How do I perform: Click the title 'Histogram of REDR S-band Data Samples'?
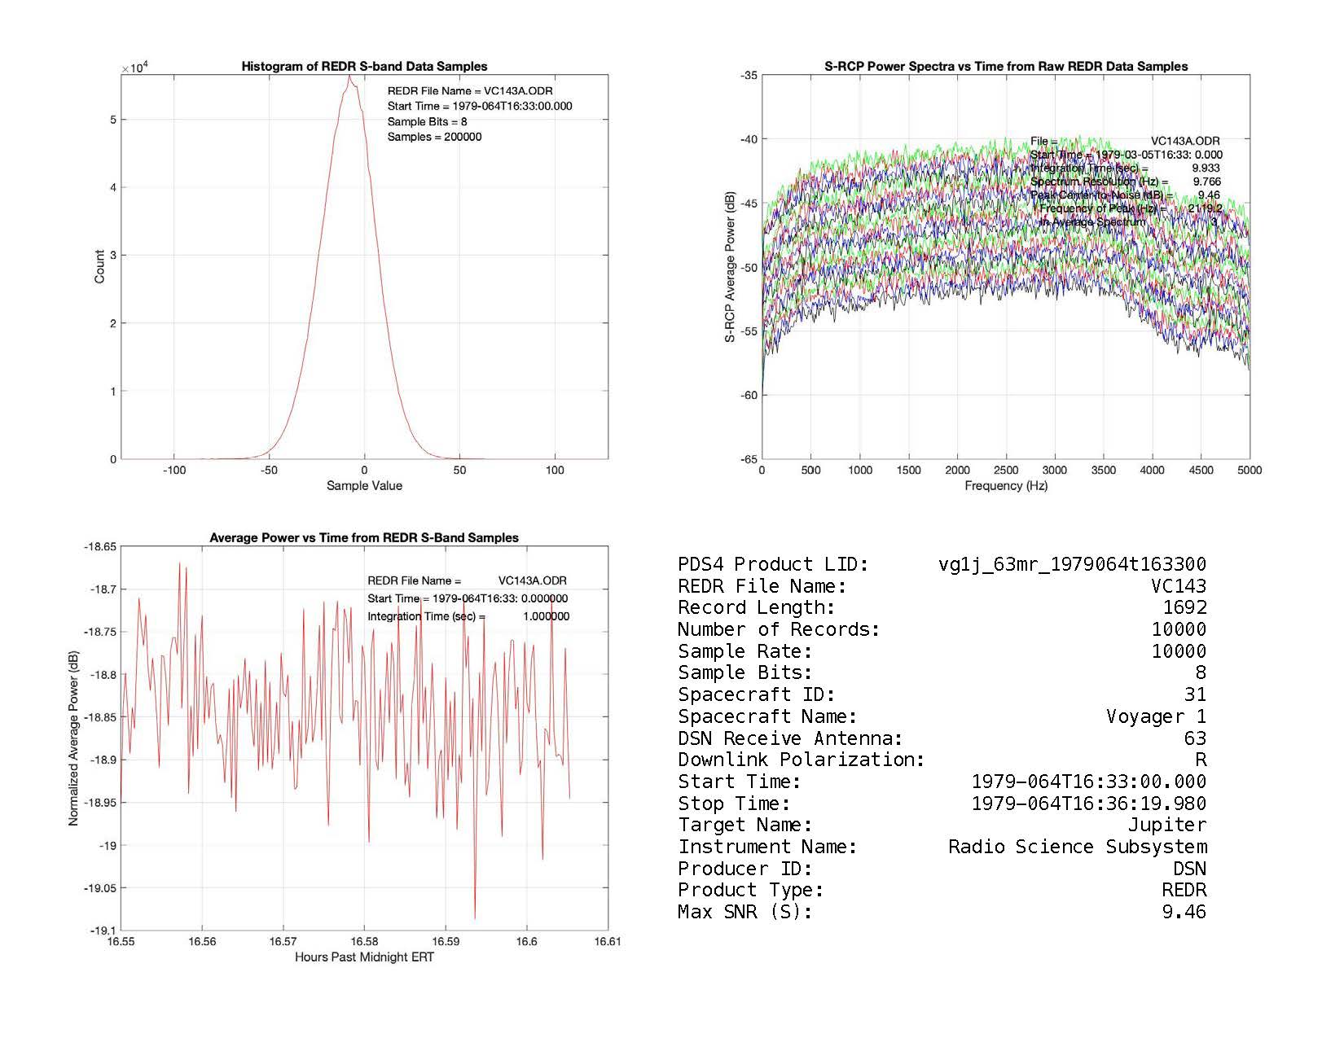click(x=364, y=67)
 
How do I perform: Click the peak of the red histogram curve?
click(x=349, y=77)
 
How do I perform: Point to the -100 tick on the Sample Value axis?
click(x=173, y=470)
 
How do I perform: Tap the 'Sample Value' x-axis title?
click(x=364, y=486)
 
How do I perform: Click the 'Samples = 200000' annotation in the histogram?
click(x=434, y=137)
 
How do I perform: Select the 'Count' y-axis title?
click(x=99, y=267)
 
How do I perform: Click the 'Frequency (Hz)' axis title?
click(x=1005, y=486)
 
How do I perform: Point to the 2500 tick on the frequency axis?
click(x=1006, y=470)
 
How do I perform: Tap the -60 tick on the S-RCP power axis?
click(x=748, y=396)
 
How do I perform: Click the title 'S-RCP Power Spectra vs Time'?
click(x=1005, y=67)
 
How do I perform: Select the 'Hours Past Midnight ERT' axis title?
click(x=364, y=957)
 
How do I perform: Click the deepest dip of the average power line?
click(x=475, y=918)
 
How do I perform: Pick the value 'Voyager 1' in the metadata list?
click(x=1156, y=716)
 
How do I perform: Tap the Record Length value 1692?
click(x=1184, y=607)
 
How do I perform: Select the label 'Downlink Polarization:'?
click(x=801, y=760)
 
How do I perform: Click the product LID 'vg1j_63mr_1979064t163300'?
click(x=1072, y=564)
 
